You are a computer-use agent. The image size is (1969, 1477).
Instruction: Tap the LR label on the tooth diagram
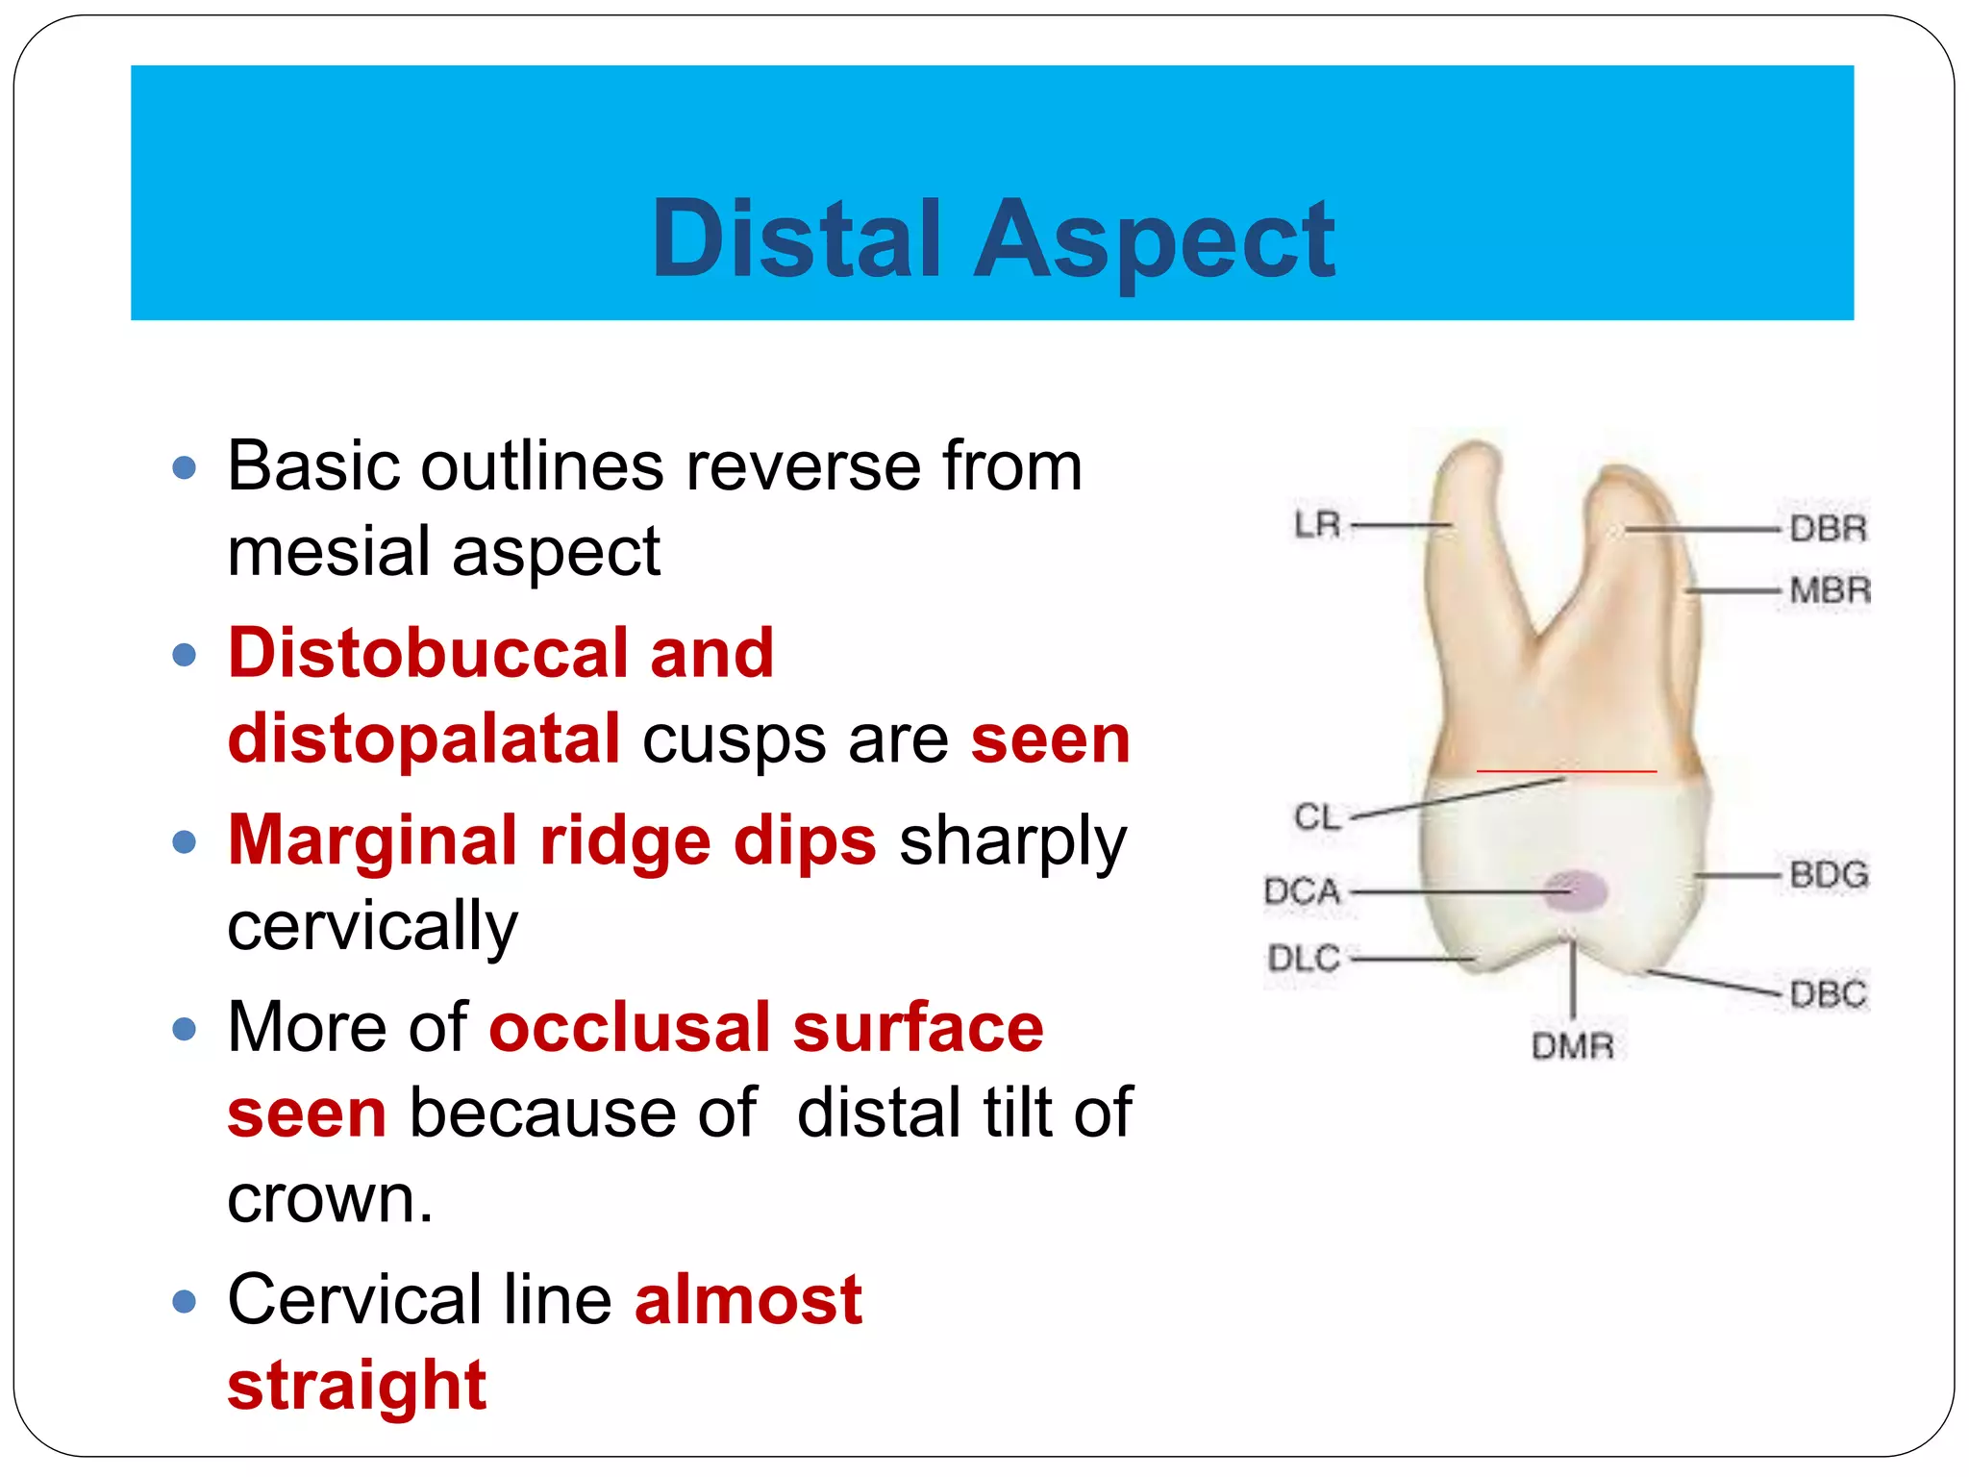tap(1316, 525)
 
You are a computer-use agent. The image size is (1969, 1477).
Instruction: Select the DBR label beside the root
tap(1828, 529)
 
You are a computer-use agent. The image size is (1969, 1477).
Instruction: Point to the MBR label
tap(1830, 589)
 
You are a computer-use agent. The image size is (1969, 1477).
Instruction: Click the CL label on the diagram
tap(1316, 817)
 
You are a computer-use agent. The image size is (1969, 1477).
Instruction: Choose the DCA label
tap(1302, 890)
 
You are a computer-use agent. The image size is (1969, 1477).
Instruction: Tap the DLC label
tap(1303, 958)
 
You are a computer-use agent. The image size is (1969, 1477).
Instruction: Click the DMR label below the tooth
tap(1572, 1045)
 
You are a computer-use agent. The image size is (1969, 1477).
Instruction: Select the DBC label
tap(1828, 993)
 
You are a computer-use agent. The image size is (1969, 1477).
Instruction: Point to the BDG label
tap(1829, 874)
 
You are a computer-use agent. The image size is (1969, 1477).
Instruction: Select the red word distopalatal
tap(424, 738)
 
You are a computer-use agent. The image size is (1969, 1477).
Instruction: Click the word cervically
tap(372, 926)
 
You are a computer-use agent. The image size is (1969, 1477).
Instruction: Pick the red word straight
tap(357, 1386)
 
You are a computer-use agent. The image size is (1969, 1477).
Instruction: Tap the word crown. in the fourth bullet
tap(330, 1199)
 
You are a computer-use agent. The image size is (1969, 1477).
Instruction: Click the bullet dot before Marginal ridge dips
tap(184, 842)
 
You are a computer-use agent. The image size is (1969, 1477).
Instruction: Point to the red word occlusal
tap(629, 1028)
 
